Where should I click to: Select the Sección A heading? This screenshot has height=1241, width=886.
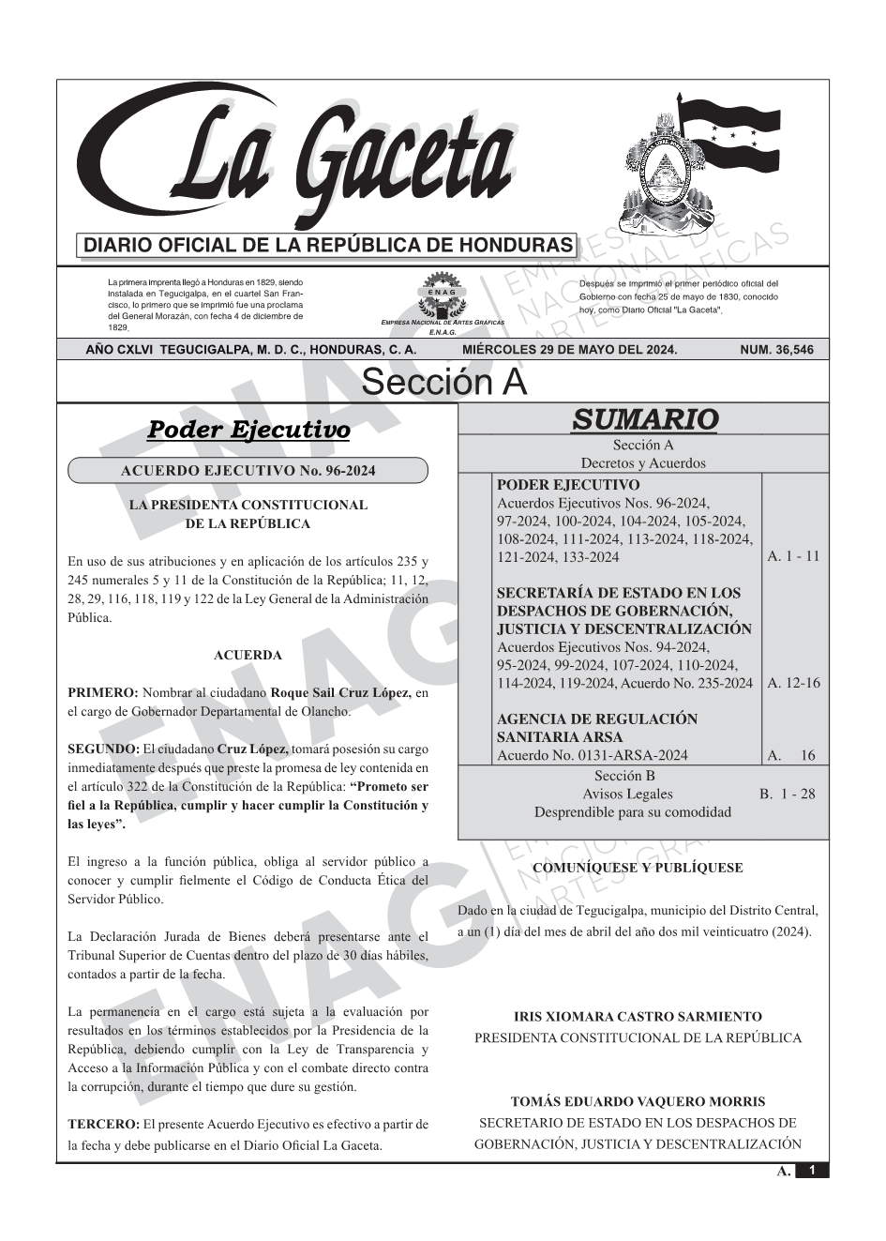pos(443,382)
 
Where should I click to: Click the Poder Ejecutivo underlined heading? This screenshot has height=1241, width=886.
pos(248,430)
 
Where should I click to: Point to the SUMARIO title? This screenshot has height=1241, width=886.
pos(644,418)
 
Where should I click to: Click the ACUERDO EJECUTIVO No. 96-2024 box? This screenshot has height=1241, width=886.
pos(248,471)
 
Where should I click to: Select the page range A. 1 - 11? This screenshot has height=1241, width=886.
pos(792,556)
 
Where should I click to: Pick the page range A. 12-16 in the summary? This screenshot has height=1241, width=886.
pos(792,683)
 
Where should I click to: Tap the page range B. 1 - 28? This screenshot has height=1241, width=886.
pos(787,794)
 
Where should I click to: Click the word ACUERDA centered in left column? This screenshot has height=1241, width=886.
pos(248,655)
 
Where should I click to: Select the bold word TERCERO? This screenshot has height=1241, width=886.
pos(103,1124)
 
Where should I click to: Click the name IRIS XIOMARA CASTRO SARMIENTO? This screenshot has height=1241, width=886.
pos(638,1017)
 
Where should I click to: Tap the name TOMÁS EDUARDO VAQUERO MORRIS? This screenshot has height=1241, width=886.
pos(638,1102)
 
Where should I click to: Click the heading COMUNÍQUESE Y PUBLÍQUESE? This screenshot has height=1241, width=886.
pos(638,868)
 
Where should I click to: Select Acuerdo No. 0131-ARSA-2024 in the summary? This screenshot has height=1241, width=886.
pos(592,755)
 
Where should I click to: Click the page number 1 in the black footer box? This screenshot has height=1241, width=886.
pos(812,1171)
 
